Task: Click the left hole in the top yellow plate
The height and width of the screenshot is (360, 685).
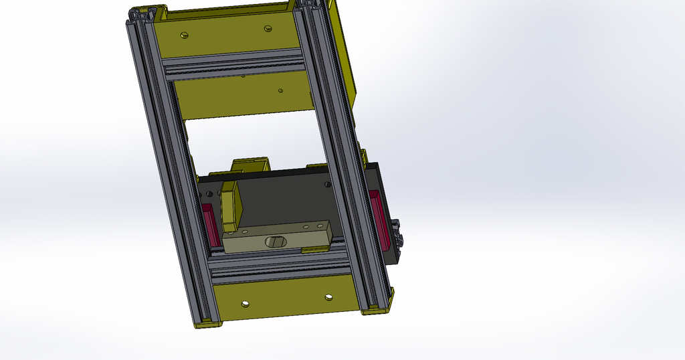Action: [x=184, y=35]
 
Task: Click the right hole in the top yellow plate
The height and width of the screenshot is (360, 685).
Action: [x=268, y=29]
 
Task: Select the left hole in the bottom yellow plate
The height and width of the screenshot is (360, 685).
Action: [x=245, y=304]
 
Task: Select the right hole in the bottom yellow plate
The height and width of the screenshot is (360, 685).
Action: [x=328, y=296]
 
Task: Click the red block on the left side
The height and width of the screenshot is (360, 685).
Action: [x=211, y=225]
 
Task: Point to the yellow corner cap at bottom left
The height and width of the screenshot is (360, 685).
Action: [x=207, y=324]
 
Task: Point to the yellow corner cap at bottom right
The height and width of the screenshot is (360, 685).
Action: [x=378, y=308]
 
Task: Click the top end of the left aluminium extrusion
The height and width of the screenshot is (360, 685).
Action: [x=144, y=15]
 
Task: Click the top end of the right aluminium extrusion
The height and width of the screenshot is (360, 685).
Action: [x=309, y=5]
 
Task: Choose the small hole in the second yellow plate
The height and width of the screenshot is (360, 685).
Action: [x=280, y=90]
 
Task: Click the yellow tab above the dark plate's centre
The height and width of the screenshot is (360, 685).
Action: [x=250, y=165]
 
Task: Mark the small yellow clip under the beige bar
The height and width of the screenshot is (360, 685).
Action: [x=314, y=249]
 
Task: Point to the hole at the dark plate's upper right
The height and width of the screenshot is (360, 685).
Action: [x=327, y=184]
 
